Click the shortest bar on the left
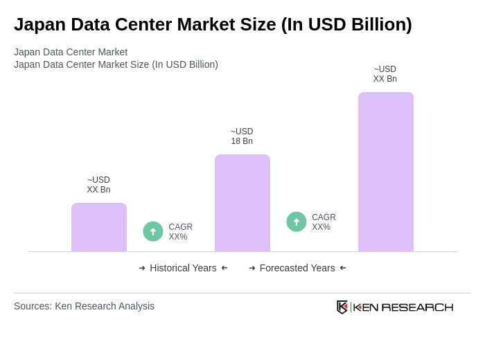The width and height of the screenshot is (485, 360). (99, 228)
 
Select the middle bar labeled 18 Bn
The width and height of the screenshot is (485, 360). (242, 204)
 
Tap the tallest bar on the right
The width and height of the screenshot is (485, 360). (386, 172)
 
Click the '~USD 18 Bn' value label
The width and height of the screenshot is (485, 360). (242, 136)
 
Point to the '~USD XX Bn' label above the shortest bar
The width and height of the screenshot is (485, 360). (98, 185)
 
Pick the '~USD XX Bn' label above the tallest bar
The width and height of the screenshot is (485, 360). (385, 74)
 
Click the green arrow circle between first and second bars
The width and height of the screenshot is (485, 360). (153, 232)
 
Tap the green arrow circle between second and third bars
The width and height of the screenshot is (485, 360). (297, 222)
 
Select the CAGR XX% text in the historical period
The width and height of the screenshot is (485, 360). (181, 232)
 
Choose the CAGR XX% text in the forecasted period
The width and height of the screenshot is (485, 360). (324, 222)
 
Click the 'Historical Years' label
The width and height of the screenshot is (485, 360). (183, 268)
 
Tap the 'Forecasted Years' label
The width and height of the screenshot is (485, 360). (297, 268)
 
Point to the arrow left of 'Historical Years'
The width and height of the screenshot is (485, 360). (142, 268)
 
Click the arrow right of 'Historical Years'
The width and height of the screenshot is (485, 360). (224, 268)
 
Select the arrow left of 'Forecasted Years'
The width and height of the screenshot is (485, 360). (252, 268)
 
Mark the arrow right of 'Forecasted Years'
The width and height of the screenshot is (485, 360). (343, 268)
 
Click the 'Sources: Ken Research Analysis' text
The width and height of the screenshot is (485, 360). (84, 306)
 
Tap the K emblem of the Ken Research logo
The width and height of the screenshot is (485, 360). (342, 307)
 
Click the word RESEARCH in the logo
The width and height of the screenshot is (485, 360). (417, 307)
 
